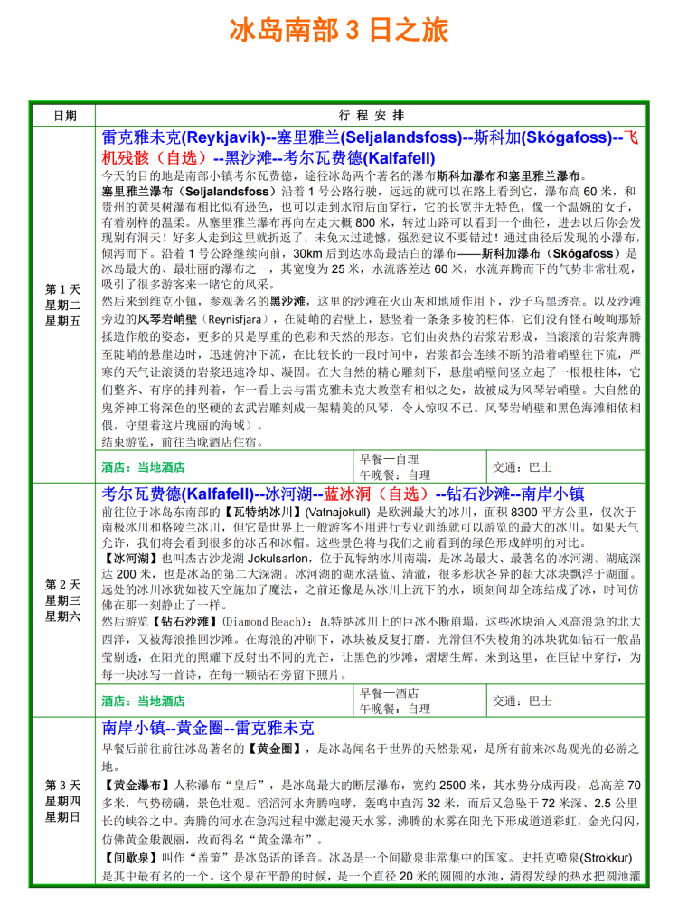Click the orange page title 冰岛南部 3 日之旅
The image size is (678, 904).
339,31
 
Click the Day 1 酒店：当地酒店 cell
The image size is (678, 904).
145,467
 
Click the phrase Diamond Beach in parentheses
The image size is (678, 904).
266,622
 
